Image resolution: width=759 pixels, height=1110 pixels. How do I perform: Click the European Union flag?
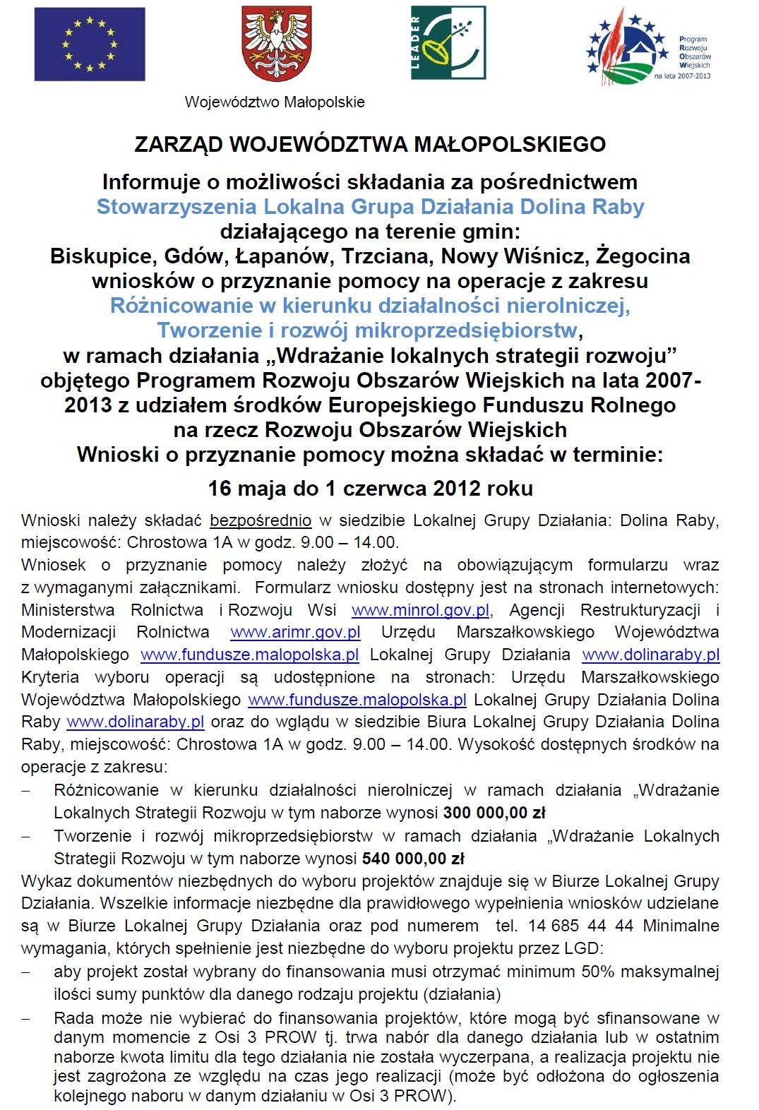(90, 44)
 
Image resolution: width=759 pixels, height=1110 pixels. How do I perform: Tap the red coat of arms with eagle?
(277, 44)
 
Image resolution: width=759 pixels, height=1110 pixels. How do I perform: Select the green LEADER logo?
(448, 42)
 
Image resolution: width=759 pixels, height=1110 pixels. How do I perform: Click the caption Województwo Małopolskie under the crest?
(275, 102)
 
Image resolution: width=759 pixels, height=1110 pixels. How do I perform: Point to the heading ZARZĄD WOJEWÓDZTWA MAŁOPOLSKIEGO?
(370, 145)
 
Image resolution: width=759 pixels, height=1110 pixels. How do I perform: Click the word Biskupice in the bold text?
(101, 256)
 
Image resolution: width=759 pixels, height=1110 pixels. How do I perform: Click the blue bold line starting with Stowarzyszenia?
(370, 207)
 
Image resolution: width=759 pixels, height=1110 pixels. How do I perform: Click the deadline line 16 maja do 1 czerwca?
(370, 489)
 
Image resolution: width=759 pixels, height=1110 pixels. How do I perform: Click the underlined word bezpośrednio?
(261, 521)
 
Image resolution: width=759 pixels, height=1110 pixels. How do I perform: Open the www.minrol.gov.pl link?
(421, 610)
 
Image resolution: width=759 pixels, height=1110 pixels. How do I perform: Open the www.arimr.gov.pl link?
(295, 633)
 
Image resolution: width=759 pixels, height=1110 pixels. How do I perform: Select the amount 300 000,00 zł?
(494, 813)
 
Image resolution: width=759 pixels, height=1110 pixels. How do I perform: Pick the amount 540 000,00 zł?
(413, 859)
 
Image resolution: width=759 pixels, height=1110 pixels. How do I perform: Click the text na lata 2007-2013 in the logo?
(682, 76)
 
